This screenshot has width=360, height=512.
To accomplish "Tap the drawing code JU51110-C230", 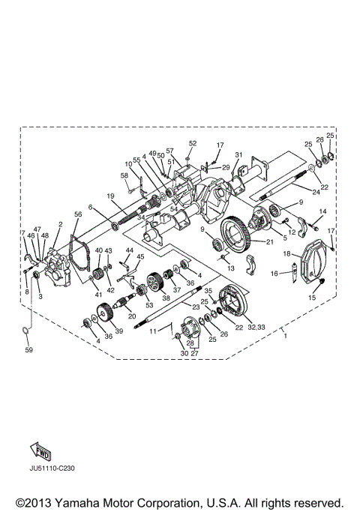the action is point(52,469).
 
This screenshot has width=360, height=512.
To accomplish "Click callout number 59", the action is point(29,350).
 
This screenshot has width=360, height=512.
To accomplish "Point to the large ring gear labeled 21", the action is point(235,234).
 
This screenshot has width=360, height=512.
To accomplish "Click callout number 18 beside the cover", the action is point(286,253).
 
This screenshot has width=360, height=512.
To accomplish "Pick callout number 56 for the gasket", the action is point(78,214).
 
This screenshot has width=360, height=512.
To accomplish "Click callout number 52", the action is point(193,143).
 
